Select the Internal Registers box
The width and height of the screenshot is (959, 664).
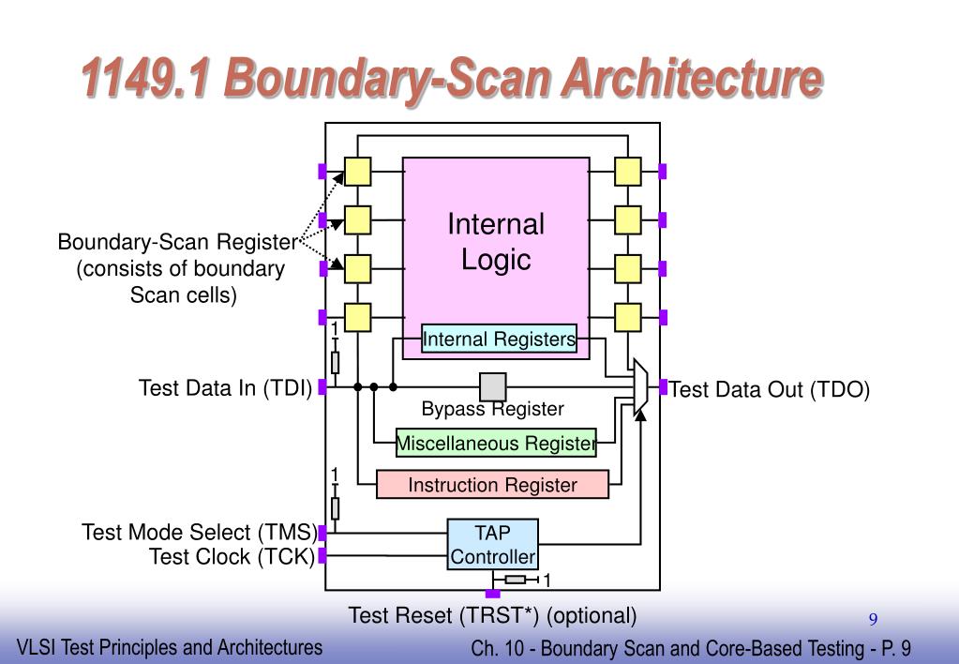point(499,339)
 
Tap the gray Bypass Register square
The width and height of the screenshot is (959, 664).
point(493,386)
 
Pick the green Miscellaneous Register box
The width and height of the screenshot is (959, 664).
point(496,443)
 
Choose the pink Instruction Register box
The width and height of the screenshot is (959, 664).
point(492,485)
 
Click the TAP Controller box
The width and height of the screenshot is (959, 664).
point(492,545)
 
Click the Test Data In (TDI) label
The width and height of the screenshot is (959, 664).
point(225,388)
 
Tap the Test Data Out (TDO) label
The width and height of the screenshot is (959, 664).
point(770,390)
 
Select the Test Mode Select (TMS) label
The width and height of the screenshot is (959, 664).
point(199,533)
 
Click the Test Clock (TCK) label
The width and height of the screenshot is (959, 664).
point(232,557)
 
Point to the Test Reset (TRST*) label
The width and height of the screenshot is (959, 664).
point(492,616)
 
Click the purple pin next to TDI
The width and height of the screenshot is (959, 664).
point(322,386)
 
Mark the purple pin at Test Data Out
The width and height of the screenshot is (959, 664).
point(663,386)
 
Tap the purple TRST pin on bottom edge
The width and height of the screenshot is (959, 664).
point(492,593)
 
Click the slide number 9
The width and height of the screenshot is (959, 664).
point(873,619)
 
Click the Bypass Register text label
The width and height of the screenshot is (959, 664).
point(492,410)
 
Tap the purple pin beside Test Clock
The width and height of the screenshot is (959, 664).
point(322,556)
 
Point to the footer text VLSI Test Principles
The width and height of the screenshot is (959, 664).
point(170,647)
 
